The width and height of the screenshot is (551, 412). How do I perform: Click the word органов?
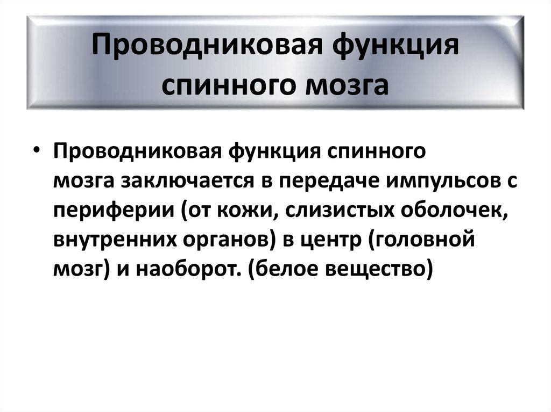tap(225, 241)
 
